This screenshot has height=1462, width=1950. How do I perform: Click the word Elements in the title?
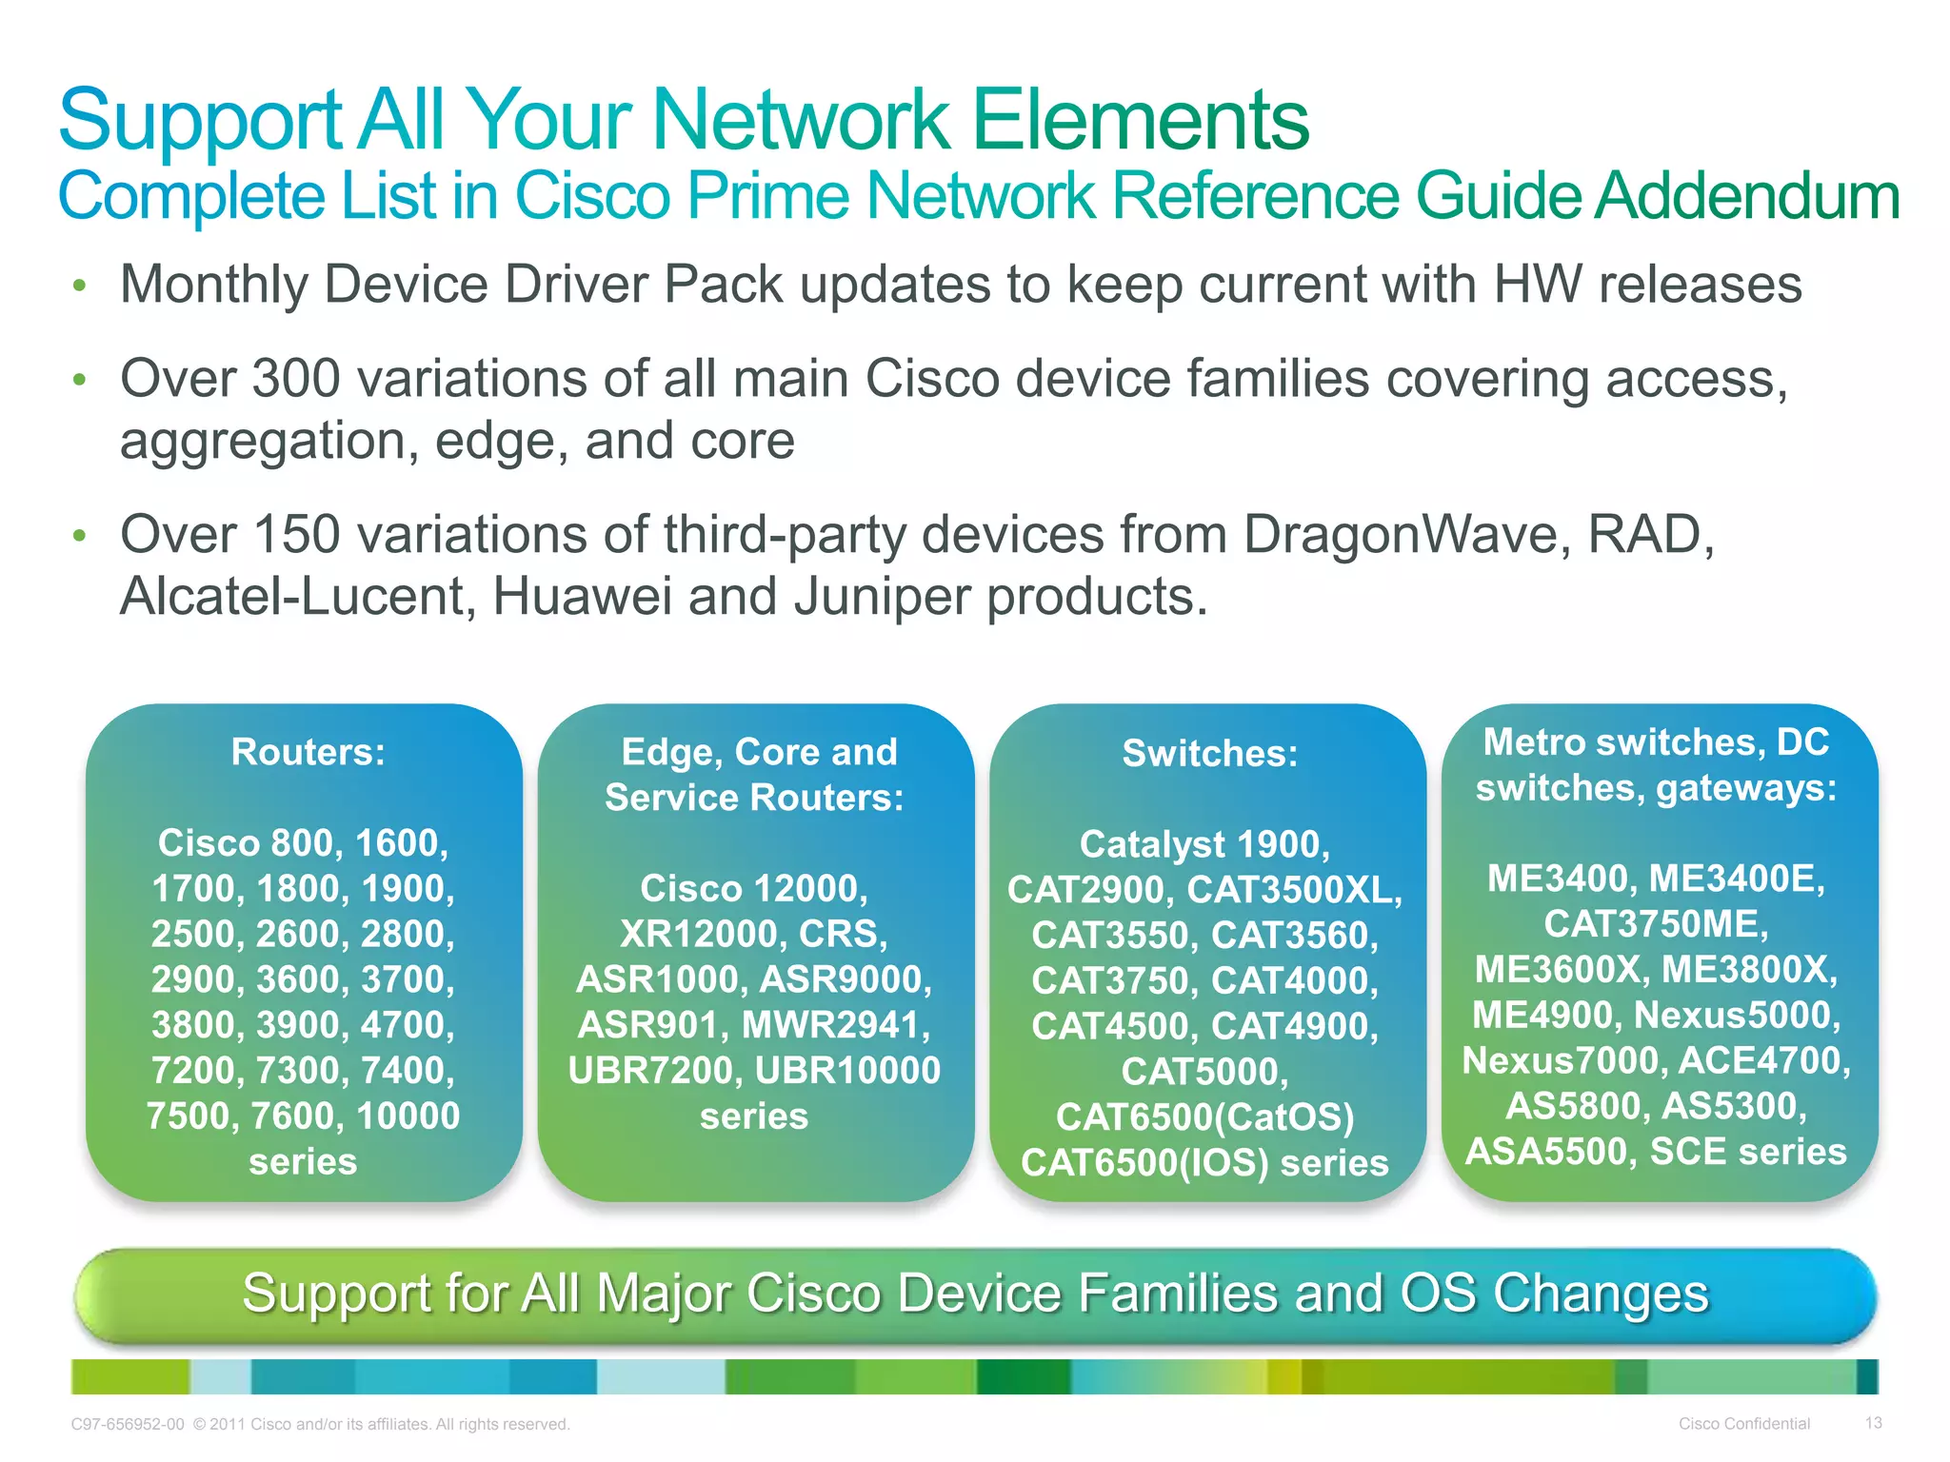1141,120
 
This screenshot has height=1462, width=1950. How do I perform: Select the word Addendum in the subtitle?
1748,196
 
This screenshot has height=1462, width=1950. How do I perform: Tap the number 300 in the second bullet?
296,378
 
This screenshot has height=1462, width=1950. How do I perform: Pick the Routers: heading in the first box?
308,752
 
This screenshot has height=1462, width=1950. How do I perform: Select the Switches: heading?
1209,753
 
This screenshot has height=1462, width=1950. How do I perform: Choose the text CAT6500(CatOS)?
1204,1116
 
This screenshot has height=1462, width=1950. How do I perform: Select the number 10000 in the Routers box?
408,1116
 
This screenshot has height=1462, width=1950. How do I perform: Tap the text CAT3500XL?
1294,889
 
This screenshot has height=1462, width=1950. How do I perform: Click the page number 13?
1873,1423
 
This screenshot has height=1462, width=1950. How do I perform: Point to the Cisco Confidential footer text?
1743,1424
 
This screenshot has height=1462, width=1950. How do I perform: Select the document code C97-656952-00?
128,1425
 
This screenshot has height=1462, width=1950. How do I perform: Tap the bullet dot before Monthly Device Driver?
80,286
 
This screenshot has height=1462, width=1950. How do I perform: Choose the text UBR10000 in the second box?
847,1070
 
